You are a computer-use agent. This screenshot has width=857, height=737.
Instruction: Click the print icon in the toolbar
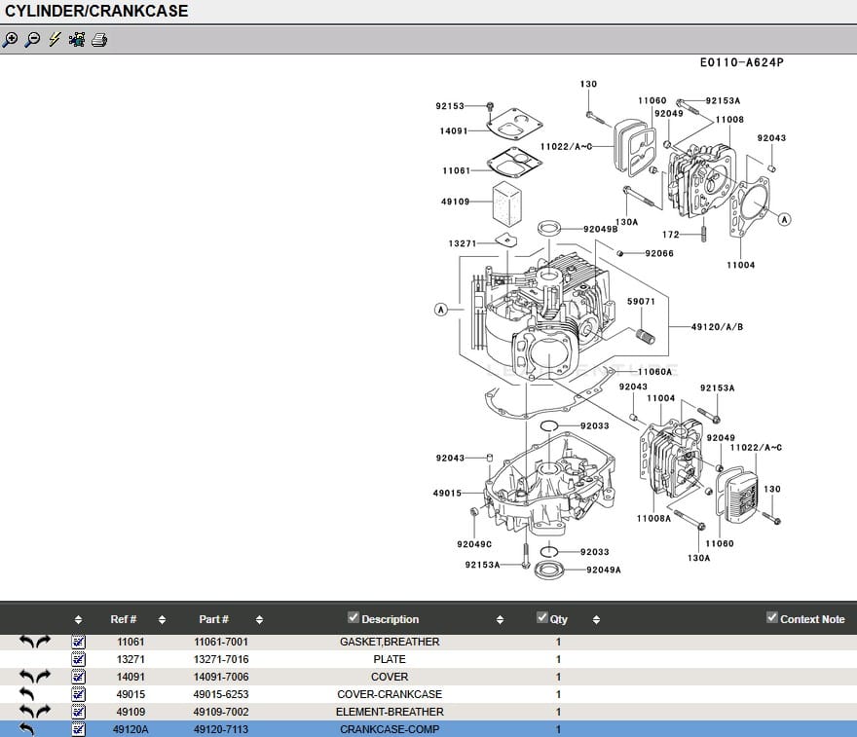(x=99, y=40)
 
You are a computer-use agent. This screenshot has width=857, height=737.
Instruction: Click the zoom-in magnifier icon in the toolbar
(x=10, y=40)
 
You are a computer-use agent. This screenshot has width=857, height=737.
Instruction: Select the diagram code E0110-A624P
(x=741, y=62)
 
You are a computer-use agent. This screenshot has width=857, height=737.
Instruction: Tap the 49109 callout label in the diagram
(x=455, y=203)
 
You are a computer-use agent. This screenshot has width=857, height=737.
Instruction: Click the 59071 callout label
(x=640, y=302)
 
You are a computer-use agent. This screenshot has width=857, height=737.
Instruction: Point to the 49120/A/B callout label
(x=717, y=327)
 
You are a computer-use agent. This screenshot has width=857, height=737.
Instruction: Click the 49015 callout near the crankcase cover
(x=447, y=494)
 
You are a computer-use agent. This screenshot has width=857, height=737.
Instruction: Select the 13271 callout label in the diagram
(x=463, y=243)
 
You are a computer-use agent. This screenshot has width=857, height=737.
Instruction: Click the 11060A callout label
(x=654, y=371)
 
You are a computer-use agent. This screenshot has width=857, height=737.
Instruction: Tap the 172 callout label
(x=670, y=235)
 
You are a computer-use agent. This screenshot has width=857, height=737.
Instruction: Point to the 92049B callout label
(x=600, y=229)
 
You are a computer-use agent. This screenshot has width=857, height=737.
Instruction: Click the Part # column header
(x=213, y=619)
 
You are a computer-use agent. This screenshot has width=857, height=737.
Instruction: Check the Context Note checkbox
(x=772, y=617)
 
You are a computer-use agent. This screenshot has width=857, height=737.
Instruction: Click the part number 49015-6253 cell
(x=220, y=694)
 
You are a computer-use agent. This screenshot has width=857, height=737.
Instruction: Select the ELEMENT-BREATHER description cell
(x=390, y=712)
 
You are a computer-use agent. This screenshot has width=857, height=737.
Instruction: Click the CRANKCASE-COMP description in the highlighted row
(x=390, y=729)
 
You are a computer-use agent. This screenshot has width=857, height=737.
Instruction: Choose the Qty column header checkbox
(x=542, y=617)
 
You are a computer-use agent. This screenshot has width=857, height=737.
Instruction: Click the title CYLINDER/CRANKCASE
(x=97, y=12)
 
